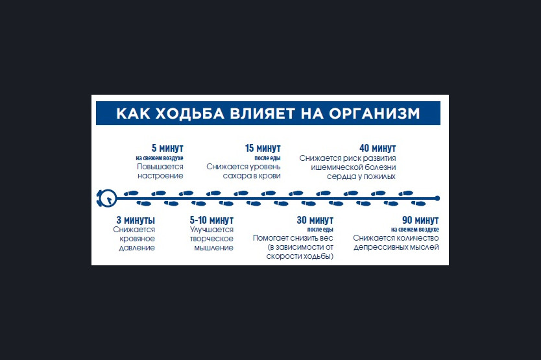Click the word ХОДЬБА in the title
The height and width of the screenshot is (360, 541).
point(190,114)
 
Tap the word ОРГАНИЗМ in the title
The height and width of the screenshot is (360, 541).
point(374,114)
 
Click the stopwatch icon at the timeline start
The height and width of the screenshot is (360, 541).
point(106,198)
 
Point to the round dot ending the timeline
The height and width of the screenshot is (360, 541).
point(437,198)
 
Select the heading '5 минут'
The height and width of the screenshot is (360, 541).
point(167,148)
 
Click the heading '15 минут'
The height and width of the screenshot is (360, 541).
point(263,148)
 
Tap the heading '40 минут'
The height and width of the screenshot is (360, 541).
point(378,148)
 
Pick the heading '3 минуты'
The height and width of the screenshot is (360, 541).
point(136,220)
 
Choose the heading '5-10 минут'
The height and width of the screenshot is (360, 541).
point(211,220)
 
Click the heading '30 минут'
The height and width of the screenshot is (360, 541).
point(315,220)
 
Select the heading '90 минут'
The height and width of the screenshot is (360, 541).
point(420,220)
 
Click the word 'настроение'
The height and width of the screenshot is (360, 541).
point(160,176)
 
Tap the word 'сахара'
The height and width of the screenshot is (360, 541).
point(234,176)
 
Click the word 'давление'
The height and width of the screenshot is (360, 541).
point(137,248)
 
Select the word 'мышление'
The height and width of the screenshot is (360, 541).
point(214,248)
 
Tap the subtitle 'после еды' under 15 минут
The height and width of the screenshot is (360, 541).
point(267,158)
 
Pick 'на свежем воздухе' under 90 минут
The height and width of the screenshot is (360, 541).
point(415,229)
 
